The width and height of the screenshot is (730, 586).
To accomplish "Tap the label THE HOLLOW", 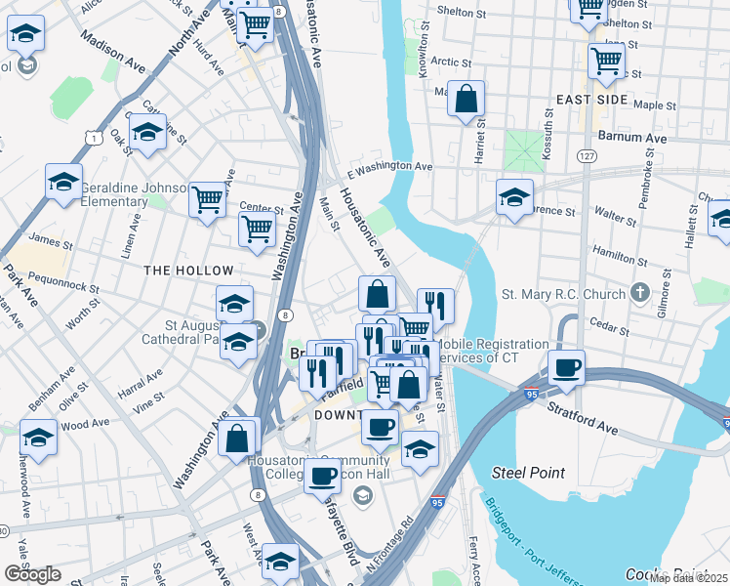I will click(x=188, y=271).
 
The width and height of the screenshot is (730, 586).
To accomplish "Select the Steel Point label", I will click(x=528, y=473).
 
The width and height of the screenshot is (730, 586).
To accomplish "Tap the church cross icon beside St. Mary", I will click(x=639, y=292).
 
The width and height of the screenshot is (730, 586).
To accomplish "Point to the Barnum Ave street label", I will click(x=631, y=138).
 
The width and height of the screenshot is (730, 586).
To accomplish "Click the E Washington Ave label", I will click(x=389, y=167).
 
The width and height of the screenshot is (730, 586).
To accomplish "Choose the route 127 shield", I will click(x=586, y=156).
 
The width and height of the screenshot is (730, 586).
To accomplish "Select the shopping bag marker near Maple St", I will click(x=466, y=99).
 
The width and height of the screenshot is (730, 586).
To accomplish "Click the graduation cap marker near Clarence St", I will click(x=514, y=198).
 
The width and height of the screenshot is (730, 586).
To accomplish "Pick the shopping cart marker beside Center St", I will click(x=256, y=230).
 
